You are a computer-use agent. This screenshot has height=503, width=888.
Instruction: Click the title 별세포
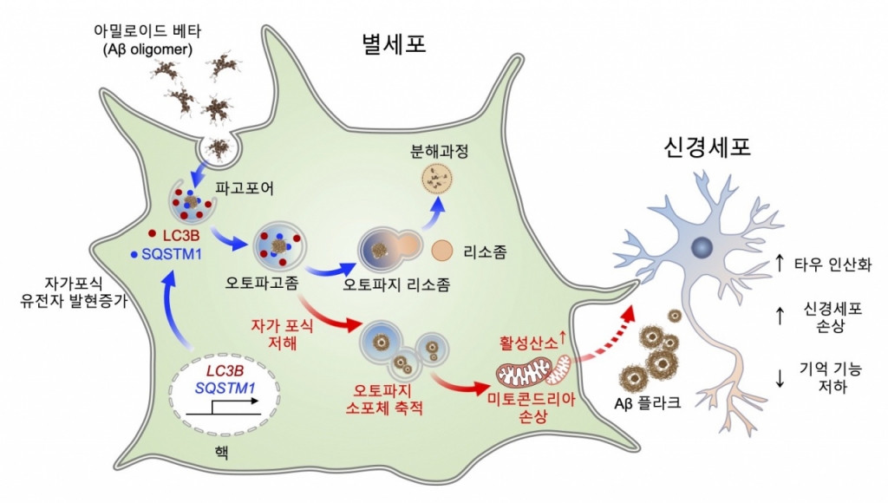(395, 43)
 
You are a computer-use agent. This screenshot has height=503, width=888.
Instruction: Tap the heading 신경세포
(708, 147)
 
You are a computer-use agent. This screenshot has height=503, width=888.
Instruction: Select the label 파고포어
(245, 188)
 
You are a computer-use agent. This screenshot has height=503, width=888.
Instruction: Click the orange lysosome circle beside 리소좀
(441, 251)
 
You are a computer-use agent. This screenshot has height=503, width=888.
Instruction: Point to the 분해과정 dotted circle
(438, 179)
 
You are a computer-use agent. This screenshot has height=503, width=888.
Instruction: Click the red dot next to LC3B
(152, 233)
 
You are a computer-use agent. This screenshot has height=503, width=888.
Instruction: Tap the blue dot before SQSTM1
(134, 254)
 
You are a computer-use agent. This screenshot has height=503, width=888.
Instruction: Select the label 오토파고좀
(262, 282)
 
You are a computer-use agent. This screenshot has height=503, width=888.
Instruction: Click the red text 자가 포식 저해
(282, 334)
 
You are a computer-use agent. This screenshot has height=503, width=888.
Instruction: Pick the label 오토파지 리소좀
(396, 284)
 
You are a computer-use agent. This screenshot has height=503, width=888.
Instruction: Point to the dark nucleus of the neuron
(702, 247)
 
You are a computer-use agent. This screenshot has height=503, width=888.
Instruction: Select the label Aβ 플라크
(647, 402)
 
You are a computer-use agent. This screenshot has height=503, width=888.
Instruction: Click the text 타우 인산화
(832, 265)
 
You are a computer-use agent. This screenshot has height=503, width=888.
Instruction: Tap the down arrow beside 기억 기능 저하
(780, 378)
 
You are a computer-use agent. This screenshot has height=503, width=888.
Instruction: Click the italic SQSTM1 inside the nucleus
(225, 389)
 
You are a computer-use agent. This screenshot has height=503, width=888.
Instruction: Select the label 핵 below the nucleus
(222, 453)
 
